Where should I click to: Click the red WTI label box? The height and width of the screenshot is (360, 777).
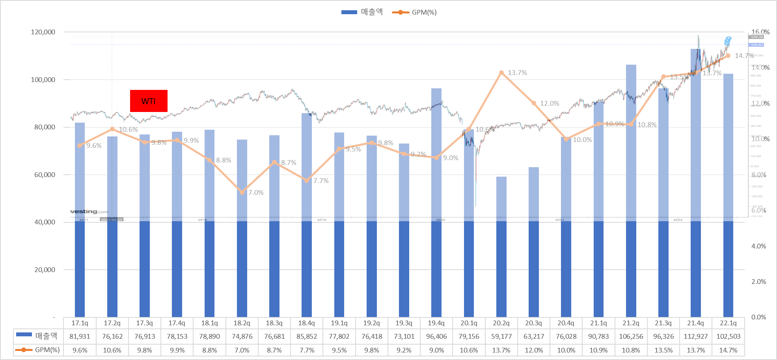149,101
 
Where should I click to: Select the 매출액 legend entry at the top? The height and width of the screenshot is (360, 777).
362,12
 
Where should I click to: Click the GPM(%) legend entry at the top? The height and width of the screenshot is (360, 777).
414,12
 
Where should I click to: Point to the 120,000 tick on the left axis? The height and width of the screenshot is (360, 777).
43,32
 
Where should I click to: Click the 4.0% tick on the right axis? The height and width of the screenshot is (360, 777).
758,246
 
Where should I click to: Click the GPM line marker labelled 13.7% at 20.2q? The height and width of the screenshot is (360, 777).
501,73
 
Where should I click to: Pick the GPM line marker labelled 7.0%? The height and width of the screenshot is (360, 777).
242,192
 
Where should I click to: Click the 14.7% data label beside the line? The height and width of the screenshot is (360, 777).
744,56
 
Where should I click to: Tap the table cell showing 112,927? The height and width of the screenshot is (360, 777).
695,337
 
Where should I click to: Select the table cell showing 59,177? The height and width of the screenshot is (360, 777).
501,337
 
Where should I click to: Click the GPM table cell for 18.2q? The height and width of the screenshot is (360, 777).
242,350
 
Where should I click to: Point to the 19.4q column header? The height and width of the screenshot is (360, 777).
436,323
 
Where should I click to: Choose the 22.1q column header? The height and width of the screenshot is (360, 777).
728,323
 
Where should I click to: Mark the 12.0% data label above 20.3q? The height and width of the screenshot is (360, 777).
550,103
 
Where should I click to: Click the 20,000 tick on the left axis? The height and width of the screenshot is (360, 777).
45,270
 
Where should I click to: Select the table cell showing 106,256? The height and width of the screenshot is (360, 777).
631,337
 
